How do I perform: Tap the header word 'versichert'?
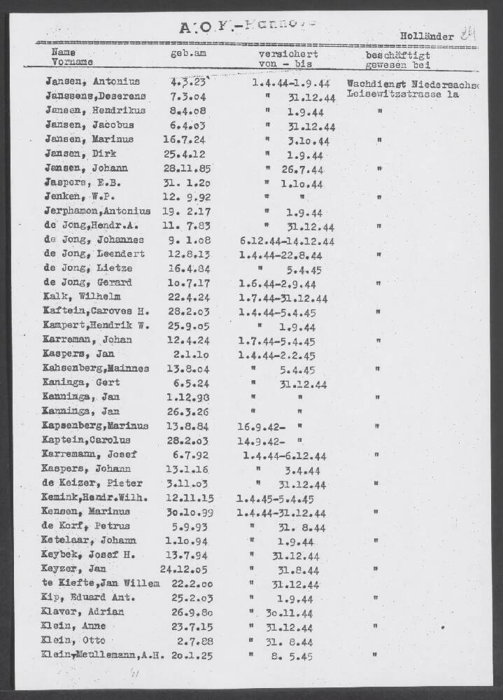click(x=288, y=53)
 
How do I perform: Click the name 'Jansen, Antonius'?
click(x=92, y=82)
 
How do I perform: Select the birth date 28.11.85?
click(x=186, y=169)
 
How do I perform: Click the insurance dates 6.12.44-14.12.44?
click(x=286, y=241)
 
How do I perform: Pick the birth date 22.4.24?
click(x=187, y=297)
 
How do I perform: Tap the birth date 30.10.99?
click(x=187, y=512)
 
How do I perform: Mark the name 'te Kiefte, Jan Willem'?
click(x=101, y=584)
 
